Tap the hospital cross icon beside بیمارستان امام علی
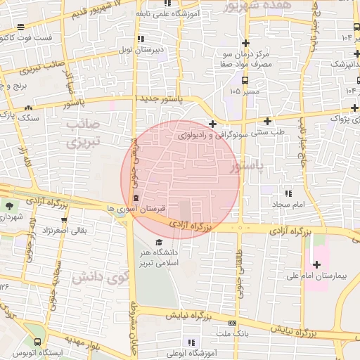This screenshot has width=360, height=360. (x=316, y=264)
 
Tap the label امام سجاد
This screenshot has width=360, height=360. (x=288, y=203)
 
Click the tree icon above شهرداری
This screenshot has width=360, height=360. (x=11, y=206)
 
